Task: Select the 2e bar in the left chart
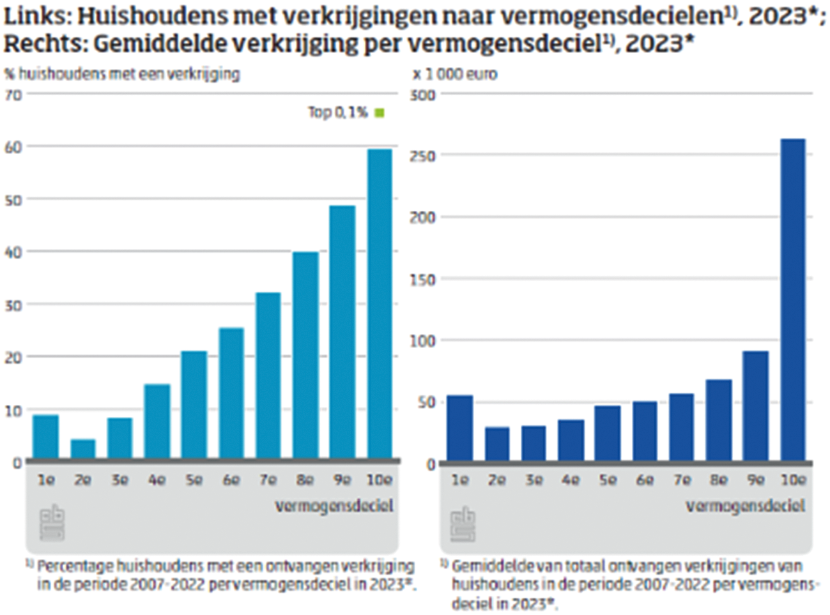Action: [83, 448]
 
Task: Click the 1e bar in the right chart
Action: [459, 427]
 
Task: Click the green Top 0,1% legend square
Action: [380, 113]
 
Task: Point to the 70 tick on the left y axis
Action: [13, 95]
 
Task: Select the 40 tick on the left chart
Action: [13, 252]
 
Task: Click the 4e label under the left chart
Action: [157, 480]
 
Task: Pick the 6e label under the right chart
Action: [645, 480]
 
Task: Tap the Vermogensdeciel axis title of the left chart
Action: [334, 506]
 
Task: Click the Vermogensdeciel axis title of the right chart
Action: [745, 506]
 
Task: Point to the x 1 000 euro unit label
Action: [455, 74]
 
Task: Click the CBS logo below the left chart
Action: [52, 523]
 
